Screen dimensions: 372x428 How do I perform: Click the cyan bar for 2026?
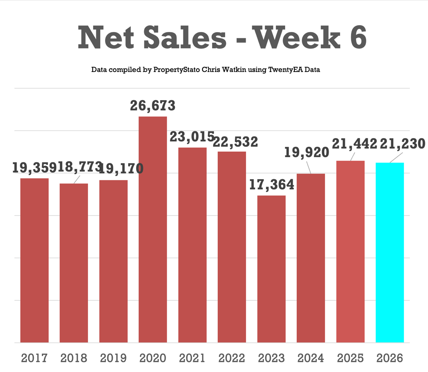point(390,252)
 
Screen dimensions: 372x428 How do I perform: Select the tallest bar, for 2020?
point(153,229)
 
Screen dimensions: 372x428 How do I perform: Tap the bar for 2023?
point(271,269)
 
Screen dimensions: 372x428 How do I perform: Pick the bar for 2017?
point(34,260)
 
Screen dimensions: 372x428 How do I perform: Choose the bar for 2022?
point(232,247)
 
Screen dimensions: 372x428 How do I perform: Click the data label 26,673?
point(152,106)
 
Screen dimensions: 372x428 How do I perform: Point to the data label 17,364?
point(271,185)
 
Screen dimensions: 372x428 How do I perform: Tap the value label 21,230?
point(402,144)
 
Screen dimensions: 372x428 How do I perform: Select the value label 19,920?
point(306,152)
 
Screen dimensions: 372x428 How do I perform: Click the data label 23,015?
point(192,137)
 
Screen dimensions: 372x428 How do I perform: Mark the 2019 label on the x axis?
point(113,358)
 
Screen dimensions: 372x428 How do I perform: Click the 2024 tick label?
point(311,358)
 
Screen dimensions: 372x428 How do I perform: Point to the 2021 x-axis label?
point(192,358)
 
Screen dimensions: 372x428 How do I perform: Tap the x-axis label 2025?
point(351,358)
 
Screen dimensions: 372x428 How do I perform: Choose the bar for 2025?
point(351,251)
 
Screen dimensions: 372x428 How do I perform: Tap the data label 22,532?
point(236,142)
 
